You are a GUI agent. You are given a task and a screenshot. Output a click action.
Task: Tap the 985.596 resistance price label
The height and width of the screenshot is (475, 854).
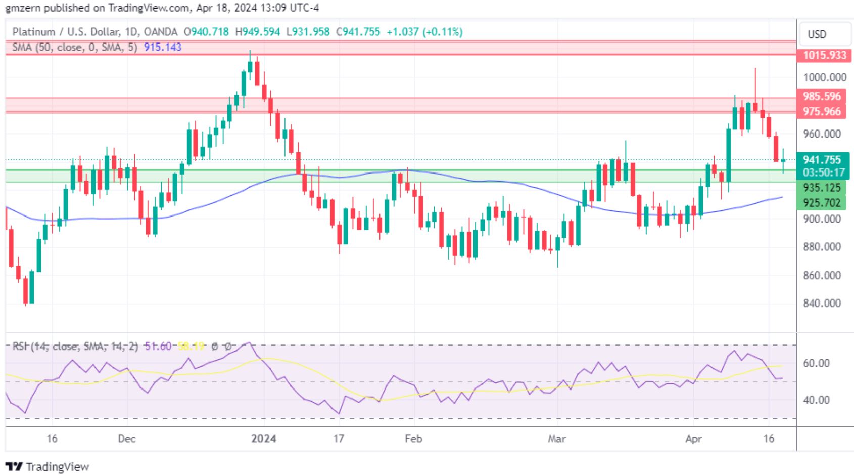click(822, 96)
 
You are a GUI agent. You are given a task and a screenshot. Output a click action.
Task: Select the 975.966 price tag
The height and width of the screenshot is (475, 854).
click(822, 111)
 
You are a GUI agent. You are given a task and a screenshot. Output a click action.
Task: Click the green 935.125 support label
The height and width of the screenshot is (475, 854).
click(822, 188)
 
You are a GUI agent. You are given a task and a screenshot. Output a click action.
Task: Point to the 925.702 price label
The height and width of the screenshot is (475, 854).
click(822, 203)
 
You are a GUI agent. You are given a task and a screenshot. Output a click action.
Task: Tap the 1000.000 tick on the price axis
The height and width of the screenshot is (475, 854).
click(825, 77)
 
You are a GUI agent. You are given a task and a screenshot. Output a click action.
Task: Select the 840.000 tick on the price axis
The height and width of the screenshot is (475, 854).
click(822, 304)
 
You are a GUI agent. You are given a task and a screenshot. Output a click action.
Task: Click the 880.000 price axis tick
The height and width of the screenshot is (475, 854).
click(822, 247)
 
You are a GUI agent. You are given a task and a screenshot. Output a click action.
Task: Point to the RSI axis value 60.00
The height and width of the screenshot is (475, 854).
click(816, 363)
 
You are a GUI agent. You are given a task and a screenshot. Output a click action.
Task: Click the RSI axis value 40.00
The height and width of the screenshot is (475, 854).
click(816, 400)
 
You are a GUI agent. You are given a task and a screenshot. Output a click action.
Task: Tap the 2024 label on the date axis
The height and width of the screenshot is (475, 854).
click(264, 438)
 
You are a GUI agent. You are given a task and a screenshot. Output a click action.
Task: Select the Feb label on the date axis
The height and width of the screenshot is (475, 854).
click(413, 438)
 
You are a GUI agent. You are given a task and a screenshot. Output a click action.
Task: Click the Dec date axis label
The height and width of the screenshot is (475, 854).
click(126, 438)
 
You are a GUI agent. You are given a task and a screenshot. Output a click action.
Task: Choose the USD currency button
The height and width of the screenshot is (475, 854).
click(817, 34)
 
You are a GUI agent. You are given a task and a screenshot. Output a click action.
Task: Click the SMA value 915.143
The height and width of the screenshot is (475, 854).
click(163, 47)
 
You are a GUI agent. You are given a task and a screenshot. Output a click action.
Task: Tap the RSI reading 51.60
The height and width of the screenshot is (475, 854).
click(158, 347)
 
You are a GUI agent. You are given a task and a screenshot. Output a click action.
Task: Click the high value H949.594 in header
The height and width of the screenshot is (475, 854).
click(258, 32)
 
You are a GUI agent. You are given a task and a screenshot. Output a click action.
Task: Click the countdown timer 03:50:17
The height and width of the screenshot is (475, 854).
click(824, 172)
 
